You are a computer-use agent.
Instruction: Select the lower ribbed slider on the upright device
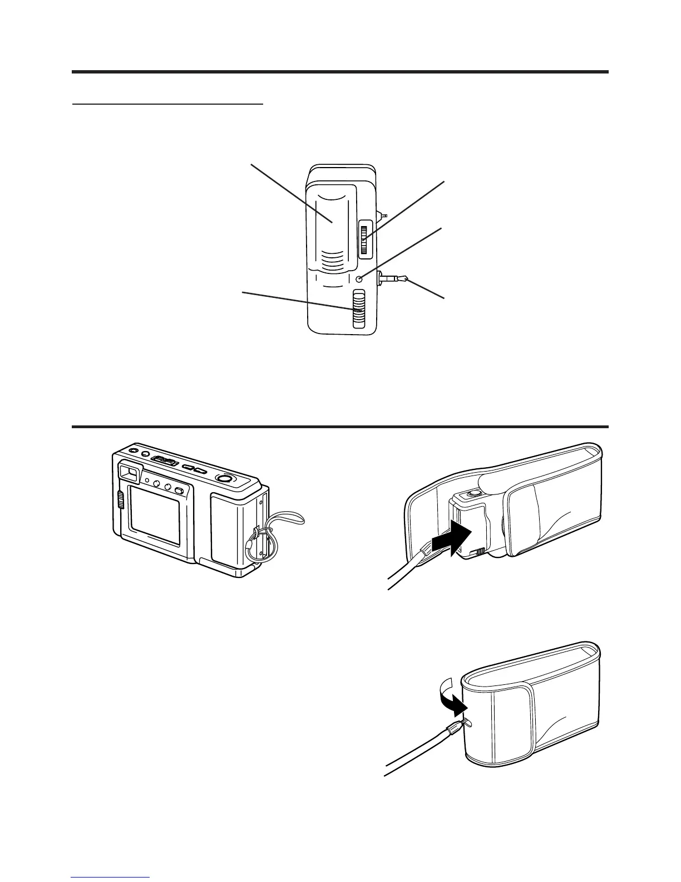[x=359, y=310]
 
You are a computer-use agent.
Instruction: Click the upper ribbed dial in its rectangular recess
[x=365, y=238]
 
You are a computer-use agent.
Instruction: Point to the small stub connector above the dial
[x=382, y=215]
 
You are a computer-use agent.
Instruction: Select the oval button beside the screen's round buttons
[x=179, y=490]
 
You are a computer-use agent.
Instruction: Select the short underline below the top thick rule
[x=167, y=104]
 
